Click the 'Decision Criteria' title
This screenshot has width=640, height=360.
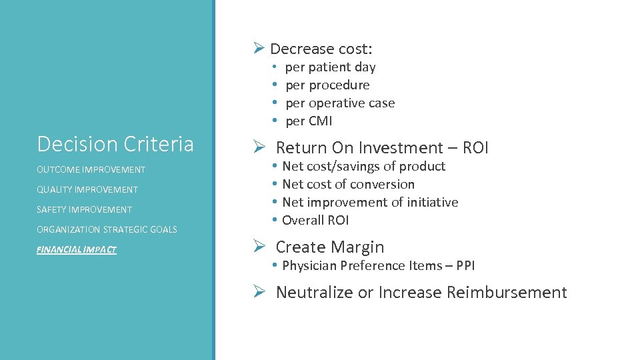(x=115, y=144)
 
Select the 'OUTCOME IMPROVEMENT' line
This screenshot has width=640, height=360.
(x=91, y=169)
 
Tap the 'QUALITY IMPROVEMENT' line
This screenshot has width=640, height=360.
(x=87, y=189)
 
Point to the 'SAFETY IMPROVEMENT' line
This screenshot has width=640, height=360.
(x=85, y=209)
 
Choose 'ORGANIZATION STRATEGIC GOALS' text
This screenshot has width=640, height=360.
(x=107, y=229)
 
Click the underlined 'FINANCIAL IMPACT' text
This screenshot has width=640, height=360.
(x=77, y=249)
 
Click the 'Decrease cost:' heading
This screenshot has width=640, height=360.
(x=321, y=49)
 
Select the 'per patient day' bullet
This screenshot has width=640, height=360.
(x=330, y=67)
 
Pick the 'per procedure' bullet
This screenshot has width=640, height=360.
(x=327, y=85)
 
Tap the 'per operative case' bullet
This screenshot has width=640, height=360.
(x=340, y=103)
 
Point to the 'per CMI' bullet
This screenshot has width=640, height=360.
(x=309, y=121)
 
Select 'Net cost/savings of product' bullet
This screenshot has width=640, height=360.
(x=363, y=166)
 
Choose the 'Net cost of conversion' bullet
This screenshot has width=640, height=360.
(x=348, y=184)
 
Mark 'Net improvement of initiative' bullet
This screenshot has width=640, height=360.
(x=370, y=202)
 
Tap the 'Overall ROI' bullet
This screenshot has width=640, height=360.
(x=315, y=220)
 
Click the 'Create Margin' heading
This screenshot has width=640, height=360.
(x=330, y=247)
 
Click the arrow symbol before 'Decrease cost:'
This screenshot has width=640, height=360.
(x=259, y=48)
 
